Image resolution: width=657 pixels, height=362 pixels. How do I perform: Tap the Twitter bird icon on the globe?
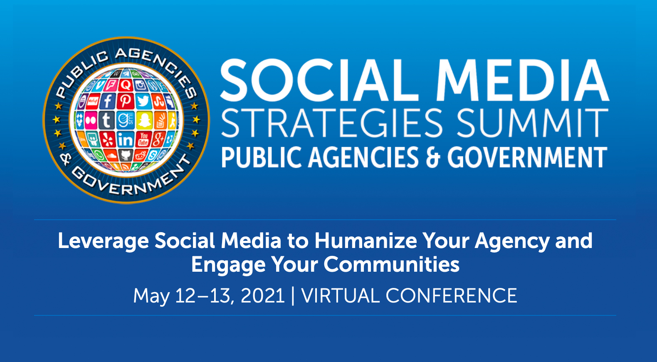click(143, 101)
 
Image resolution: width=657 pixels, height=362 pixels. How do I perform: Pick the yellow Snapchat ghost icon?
click(144, 120)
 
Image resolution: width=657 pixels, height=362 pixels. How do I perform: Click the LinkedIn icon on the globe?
click(126, 139)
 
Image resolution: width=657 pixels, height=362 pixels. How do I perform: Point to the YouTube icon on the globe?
click(143, 139)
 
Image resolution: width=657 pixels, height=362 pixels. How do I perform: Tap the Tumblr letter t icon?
click(106, 120)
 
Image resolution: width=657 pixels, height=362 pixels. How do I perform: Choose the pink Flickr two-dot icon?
click(91, 120)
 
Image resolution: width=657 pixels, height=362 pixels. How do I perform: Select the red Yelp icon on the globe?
click(108, 139)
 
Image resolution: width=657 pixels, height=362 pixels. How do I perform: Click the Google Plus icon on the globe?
click(158, 139)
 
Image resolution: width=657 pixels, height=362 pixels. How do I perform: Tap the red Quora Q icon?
click(126, 85)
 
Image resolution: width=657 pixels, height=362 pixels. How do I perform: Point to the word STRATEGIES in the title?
click(331, 123)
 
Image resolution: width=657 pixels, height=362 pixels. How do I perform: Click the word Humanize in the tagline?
click(366, 241)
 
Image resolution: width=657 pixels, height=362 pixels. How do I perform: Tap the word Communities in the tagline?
click(391, 265)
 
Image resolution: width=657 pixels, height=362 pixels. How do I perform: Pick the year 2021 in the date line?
click(262, 295)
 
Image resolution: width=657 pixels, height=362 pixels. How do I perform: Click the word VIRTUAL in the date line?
click(340, 295)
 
